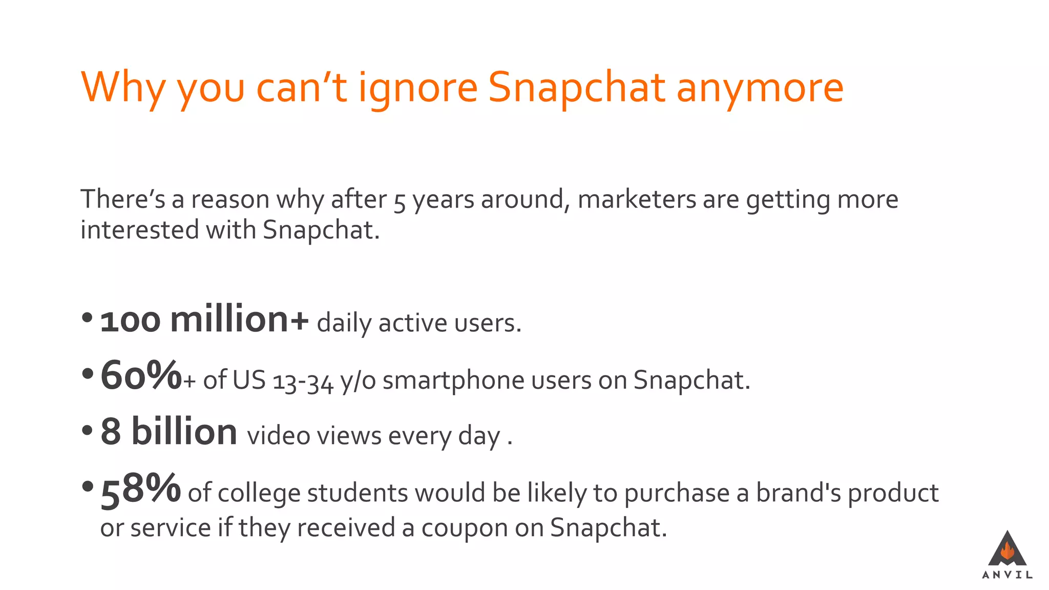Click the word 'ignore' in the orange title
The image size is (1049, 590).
click(417, 88)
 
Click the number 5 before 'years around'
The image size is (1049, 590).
click(400, 201)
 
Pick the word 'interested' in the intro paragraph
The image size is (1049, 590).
click(139, 229)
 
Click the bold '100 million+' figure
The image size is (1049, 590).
click(204, 320)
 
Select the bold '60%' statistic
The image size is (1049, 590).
click(141, 376)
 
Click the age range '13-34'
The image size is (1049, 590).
click(303, 382)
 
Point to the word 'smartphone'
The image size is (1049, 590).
click(453, 381)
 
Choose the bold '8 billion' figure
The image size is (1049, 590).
click(169, 432)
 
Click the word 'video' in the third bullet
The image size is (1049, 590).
click(278, 436)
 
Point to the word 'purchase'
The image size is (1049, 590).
click(677, 493)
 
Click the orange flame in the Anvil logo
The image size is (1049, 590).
click(1007, 551)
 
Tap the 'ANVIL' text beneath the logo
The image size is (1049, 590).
click(1007, 575)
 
